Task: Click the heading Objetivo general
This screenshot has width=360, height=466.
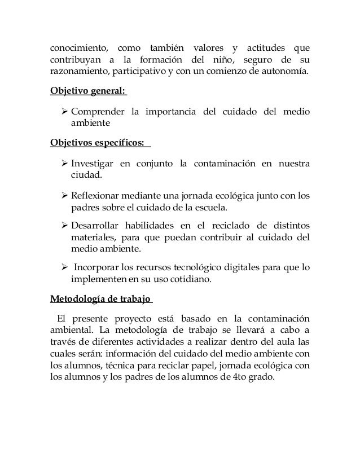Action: click(x=86, y=92)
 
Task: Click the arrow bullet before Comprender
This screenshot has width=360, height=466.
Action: click(x=64, y=110)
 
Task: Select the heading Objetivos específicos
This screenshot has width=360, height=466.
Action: click(x=96, y=142)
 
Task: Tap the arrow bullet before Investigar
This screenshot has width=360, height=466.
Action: click(x=64, y=164)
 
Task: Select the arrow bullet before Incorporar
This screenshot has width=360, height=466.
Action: click(x=64, y=266)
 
